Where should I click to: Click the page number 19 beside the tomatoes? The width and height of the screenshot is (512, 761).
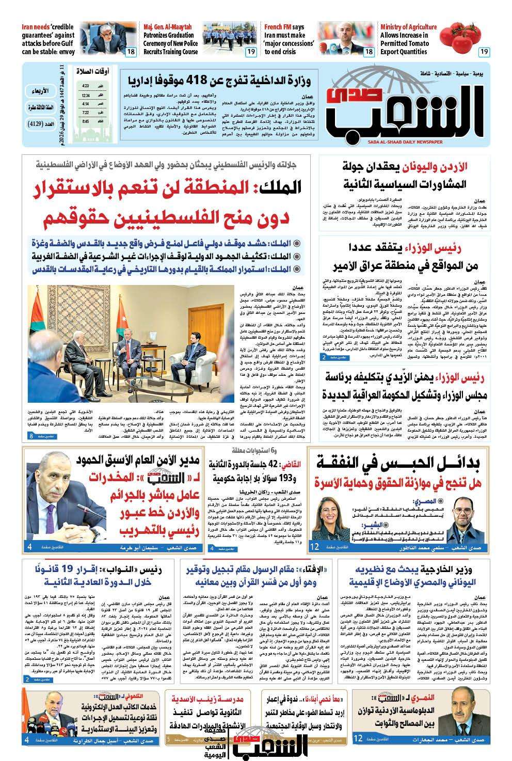484,52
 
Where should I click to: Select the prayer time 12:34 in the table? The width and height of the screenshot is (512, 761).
85,96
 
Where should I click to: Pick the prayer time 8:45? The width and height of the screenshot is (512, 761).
85,122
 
